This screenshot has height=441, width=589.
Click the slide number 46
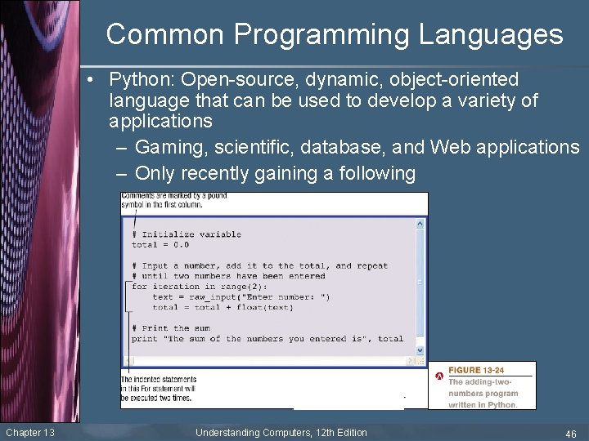click(x=570, y=434)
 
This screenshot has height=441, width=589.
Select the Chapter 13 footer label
click(x=30, y=433)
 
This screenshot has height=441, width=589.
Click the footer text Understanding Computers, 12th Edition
click(x=281, y=433)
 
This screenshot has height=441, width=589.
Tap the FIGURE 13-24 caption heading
click(x=476, y=371)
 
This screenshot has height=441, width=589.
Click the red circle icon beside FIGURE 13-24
click(x=438, y=376)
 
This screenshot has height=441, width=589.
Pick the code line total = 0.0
click(x=160, y=245)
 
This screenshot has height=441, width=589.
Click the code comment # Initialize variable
click(x=187, y=234)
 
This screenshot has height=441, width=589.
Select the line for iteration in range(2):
click(x=189, y=287)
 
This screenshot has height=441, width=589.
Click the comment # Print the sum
click(x=171, y=328)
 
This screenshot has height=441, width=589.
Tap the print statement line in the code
click(x=268, y=339)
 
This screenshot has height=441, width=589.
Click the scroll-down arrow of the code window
click(x=421, y=350)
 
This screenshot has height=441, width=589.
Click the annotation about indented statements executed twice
click(x=159, y=388)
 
